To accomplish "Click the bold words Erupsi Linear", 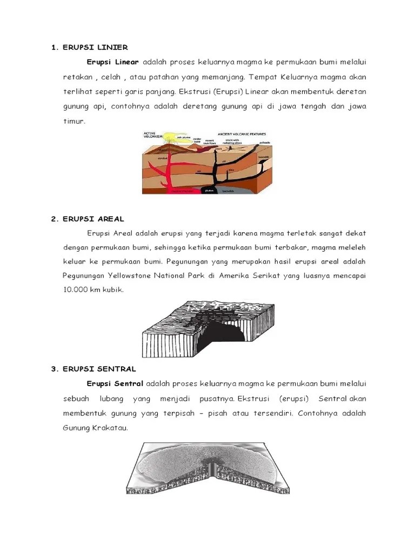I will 113,62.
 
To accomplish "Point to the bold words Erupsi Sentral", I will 115,383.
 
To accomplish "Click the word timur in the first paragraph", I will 74,121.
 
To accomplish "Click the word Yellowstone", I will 134,276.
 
